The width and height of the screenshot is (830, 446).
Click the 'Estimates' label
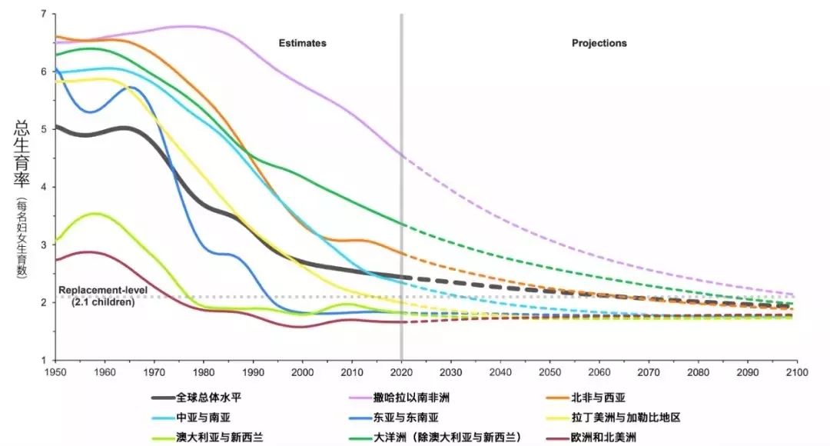click(302, 43)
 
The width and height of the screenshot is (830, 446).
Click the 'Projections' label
click(599, 43)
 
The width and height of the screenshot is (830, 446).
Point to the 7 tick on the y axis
click(43, 15)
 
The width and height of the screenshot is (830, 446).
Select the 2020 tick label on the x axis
click(401, 371)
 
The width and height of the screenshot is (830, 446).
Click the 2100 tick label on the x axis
click(797, 371)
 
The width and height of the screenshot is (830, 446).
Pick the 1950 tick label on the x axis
click(55, 371)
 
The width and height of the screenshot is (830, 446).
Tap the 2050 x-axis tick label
click(549, 371)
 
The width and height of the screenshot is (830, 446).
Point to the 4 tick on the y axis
click(43, 187)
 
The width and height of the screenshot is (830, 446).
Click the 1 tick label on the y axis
click(43, 360)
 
